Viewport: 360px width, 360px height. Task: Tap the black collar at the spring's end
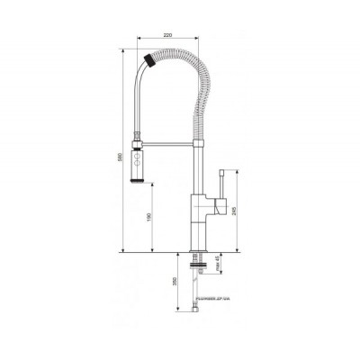tap(151, 62)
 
